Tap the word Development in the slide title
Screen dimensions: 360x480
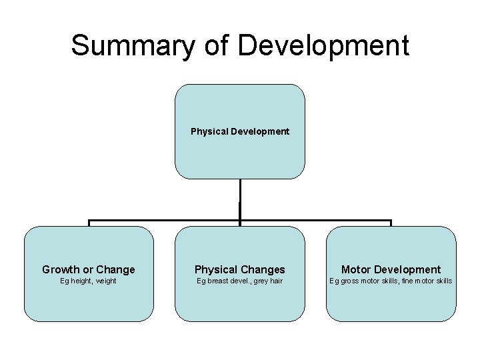point(323,45)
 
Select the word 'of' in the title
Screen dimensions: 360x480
point(211,45)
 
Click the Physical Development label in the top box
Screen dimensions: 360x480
point(240,131)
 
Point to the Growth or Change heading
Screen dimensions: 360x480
point(89,269)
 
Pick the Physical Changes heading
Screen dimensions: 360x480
point(240,269)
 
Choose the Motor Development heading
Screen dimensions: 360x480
point(391,269)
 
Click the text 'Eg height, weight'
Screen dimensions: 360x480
point(89,281)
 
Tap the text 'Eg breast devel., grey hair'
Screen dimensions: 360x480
point(240,281)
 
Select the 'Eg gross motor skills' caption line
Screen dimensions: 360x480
point(391,281)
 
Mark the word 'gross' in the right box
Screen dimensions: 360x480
point(349,281)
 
